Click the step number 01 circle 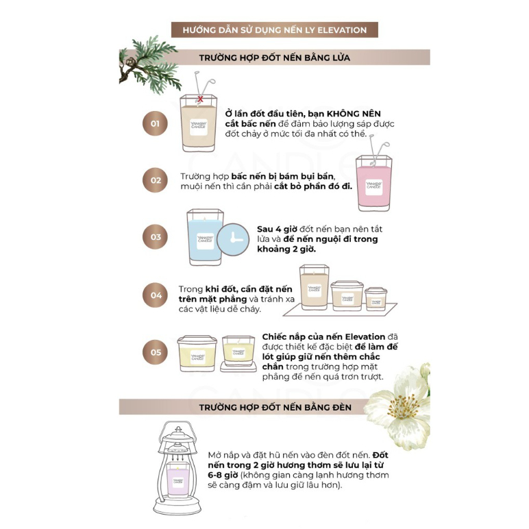pyautogui.click(x=155, y=123)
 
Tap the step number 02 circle pyautogui.click(x=155, y=180)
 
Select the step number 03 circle pyautogui.click(x=155, y=237)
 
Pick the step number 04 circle pyautogui.click(x=155, y=295)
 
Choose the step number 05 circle pyautogui.click(x=155, y=352)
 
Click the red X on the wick pyautogui.click(x=200, y=99)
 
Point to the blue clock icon pyautogui.click(x=233, y=239)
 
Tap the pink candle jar pyautogui.click(x=374, y=183)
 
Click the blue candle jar pyautogui.click(x=205, y=237)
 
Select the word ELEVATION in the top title pyautogui.click(x=342, y=30)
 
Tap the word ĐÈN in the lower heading pyautogui.click(x=341, y=407)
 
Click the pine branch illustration pyautogui.click(x=149, y=64)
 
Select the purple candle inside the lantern pyautogui.click(x=177, y=480)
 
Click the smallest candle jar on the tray pyautogui.click(x=376, y=299)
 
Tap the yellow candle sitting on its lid pyautogui.click(x=238, y=354)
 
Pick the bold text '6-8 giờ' pyautogui.click(x=223, y=475)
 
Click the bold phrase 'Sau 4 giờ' pyautogui.click(x=277, y=229)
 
